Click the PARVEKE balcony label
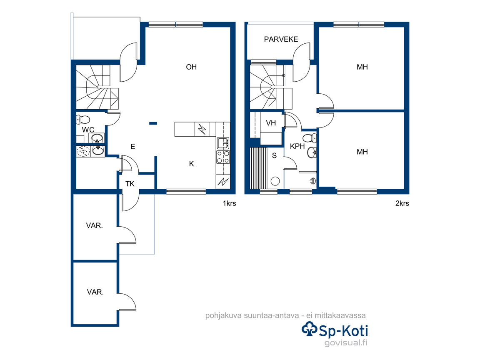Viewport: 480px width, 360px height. (281, 39)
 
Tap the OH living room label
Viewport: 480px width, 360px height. (191, 67)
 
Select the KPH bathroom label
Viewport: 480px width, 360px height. (297, 146)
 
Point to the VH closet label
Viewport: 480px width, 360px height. (271, 123)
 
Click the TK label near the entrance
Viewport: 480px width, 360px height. (130, 184)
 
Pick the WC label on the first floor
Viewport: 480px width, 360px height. (88, 130)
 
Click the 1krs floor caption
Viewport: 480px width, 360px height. (229, 203)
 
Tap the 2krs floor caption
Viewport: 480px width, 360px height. (402, 203)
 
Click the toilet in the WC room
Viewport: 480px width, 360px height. (83, 120)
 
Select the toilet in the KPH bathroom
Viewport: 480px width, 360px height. (310, 138)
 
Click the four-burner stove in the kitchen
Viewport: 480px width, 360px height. (223, 157)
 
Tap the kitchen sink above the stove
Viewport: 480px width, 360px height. (223, 143)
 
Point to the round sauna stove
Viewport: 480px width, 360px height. (275, 181)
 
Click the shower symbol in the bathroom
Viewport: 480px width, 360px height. (313, 180)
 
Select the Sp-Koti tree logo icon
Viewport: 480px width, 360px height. (310, 329)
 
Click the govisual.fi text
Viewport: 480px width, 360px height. (346, 342)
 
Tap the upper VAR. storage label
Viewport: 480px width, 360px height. (94, 225)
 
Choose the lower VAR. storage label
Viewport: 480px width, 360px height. (95, 292)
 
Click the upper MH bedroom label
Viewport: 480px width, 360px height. (362, 67)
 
